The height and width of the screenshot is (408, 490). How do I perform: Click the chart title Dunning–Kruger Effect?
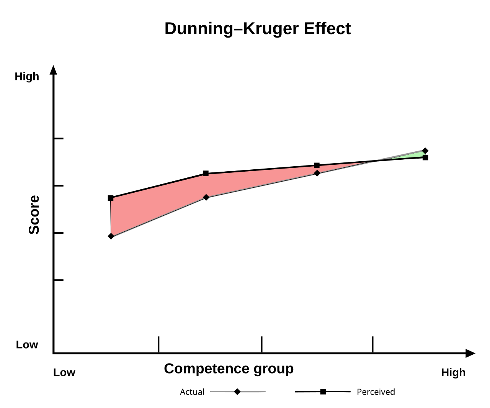[x=257, y=29]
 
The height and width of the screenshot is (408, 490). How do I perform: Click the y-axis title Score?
[x=34, y=215]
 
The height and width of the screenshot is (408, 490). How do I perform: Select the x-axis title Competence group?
[x=229, y=369]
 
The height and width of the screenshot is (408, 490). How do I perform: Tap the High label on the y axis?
[x=27, y=77]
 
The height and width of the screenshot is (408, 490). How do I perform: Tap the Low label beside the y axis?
[x=27, y=345]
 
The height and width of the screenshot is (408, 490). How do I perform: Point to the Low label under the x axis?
[x=64, y=372]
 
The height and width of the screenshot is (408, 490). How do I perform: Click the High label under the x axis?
[x=453, y=372]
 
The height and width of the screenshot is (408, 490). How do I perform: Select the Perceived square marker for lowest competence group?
[x=111, y=198]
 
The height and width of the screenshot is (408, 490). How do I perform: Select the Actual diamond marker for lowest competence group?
[x=111, y=236]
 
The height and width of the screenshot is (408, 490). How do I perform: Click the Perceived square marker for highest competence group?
[x=425, y=157]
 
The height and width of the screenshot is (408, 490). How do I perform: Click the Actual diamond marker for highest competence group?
[x=425, y=151]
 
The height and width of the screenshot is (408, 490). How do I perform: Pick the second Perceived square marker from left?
[x=206, y=174]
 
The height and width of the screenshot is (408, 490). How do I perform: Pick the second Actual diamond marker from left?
[x=206, y=197]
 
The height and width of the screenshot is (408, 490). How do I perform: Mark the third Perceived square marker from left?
[x=317, y=165]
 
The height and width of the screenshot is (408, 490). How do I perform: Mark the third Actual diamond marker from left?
[x=317, y=173]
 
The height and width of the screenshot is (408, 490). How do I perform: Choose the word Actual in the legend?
[x=192, y=392]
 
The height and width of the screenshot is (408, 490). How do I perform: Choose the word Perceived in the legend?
[x=376, y=392]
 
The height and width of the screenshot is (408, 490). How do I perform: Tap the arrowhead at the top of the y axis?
[x=54, y=70]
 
